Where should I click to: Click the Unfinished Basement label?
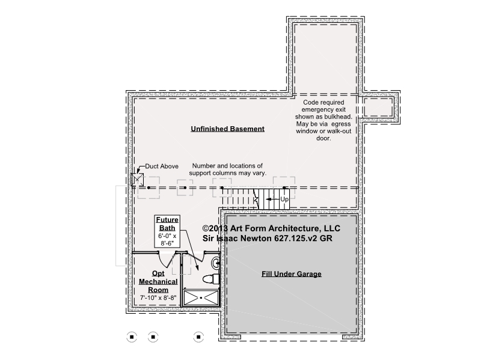(x=228, y=129)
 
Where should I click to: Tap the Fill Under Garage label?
(x=292, y=274)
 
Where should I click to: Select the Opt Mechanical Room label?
(x=158, y=281)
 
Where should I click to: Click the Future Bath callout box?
(x=167, y=231)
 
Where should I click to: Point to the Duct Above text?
(x=162, y=166)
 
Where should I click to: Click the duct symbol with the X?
(x=137, y=180)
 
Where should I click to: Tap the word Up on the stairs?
(x=284, y=200)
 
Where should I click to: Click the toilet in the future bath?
(x=211, y=278)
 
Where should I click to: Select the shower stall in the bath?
(x=201, y=297)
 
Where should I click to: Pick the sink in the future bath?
(x=216, y=263)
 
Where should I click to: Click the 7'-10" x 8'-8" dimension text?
(x=158, y=297)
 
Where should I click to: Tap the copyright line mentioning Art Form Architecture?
(x=271, y=228)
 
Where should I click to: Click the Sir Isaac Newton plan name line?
(x=267, y=238)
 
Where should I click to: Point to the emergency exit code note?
(x=323, y=120)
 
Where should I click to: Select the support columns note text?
(x=228, y=169)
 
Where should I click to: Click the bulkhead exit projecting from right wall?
(x=379, y=108)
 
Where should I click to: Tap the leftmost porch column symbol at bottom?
(x=132, y=337)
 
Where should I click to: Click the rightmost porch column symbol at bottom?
(x=198, y=337)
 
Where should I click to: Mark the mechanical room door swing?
(x=167, y=260)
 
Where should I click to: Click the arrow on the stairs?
(x=272, y=200)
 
